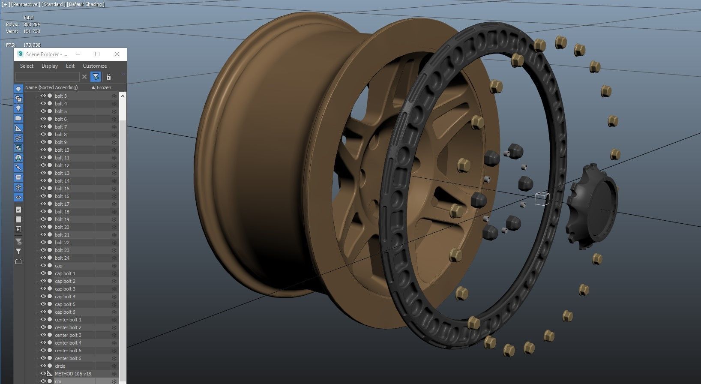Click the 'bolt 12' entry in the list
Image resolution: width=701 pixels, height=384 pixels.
coord(62,165)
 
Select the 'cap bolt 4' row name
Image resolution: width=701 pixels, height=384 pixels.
coord(65,297)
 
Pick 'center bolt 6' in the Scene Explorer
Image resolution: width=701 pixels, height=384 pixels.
coord(68,358)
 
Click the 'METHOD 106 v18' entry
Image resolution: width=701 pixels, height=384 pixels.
coord(73,374)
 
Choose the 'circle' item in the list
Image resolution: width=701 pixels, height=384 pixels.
coord(60,366)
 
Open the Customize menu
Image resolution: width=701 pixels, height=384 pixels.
coord(95,66)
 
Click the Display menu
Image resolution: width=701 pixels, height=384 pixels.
coord(50,66)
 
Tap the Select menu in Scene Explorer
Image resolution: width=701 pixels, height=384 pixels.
coord(27,66)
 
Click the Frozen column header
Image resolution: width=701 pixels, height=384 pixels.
coord(104,87)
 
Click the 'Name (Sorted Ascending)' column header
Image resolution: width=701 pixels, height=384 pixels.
coord(51,87)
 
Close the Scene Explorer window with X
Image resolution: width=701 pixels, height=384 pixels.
coord(117,54)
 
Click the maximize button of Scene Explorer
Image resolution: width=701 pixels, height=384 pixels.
coord(97,54)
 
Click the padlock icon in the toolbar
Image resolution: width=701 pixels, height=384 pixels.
coord(108,77)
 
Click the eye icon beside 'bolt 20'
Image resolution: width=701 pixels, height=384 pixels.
coord(43,227)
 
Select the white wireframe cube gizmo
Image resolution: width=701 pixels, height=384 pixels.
coord(542,199)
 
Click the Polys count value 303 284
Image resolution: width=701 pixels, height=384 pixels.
coord(32,24)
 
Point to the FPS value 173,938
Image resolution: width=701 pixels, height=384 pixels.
coord(32,45)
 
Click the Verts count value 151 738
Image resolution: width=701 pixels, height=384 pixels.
coord(32,31)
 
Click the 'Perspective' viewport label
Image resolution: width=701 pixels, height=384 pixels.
coord(27,4)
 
